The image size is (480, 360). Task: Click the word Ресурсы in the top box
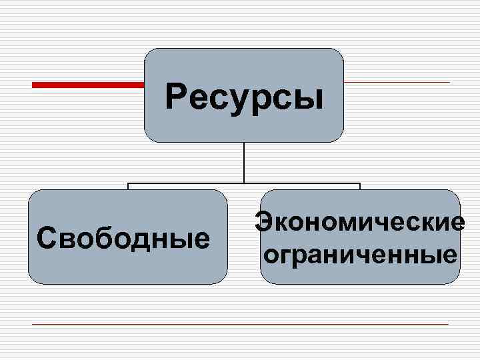pos(244,97)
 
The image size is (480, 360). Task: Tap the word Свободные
pos(123,237)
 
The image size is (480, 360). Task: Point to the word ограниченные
pos(361,255)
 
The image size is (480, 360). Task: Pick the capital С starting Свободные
pos(45,237)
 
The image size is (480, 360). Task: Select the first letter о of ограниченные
pos(271,255)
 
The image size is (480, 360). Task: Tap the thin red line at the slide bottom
pos(240,324)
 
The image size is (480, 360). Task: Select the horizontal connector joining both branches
pos(300,183)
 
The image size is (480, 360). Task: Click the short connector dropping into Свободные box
pos(128,187)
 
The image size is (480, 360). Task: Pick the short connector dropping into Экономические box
pos(360,187)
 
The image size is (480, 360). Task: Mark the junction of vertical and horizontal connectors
pos(244,183)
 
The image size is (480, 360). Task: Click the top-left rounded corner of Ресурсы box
pos(149,53)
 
